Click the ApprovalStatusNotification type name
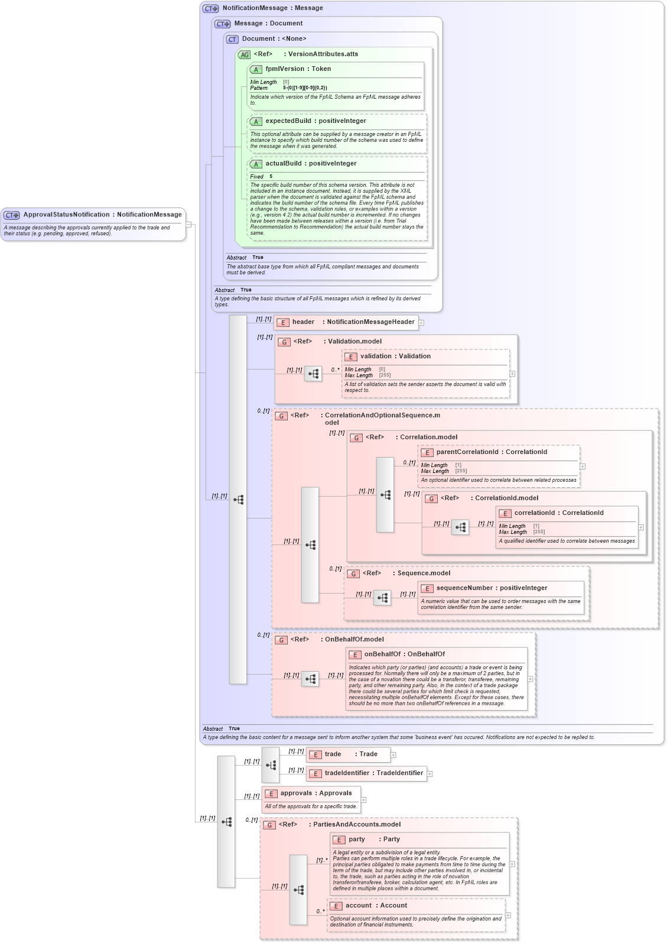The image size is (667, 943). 66,215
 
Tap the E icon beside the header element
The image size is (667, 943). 283,323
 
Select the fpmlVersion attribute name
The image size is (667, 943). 285,69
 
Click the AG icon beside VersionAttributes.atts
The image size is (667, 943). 244,55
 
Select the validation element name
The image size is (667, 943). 376,357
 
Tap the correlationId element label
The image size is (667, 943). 534,513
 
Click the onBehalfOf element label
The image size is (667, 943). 382,654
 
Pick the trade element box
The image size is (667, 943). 348,754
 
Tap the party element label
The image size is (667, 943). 356,840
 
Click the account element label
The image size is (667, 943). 358,906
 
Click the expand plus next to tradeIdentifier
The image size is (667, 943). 430,774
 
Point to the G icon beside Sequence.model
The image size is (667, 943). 353,574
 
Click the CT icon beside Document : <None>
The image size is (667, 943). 232,40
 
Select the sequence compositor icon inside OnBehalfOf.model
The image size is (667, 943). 311,679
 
